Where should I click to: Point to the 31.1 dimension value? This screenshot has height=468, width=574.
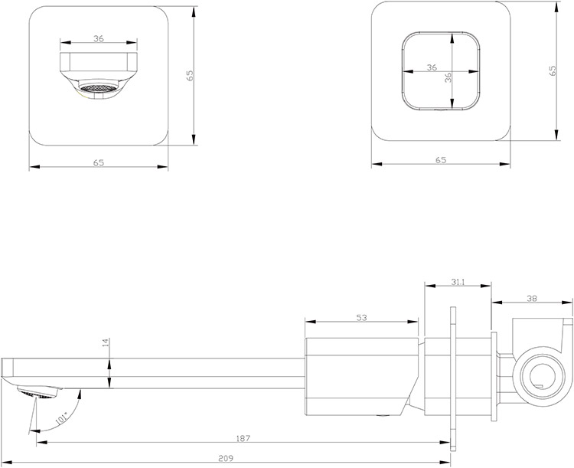point(458,282)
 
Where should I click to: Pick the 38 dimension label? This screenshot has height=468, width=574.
point(530,299)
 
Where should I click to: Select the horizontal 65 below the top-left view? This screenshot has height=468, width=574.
point(98,162)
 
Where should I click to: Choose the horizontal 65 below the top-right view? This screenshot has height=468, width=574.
point(441,159)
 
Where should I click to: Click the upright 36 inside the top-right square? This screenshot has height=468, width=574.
point(432,68)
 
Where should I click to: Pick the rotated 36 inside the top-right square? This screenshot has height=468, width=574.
point(448,77)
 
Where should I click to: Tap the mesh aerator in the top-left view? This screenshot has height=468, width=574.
point(97,90)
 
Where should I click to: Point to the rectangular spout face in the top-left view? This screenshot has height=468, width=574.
point(97,63)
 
